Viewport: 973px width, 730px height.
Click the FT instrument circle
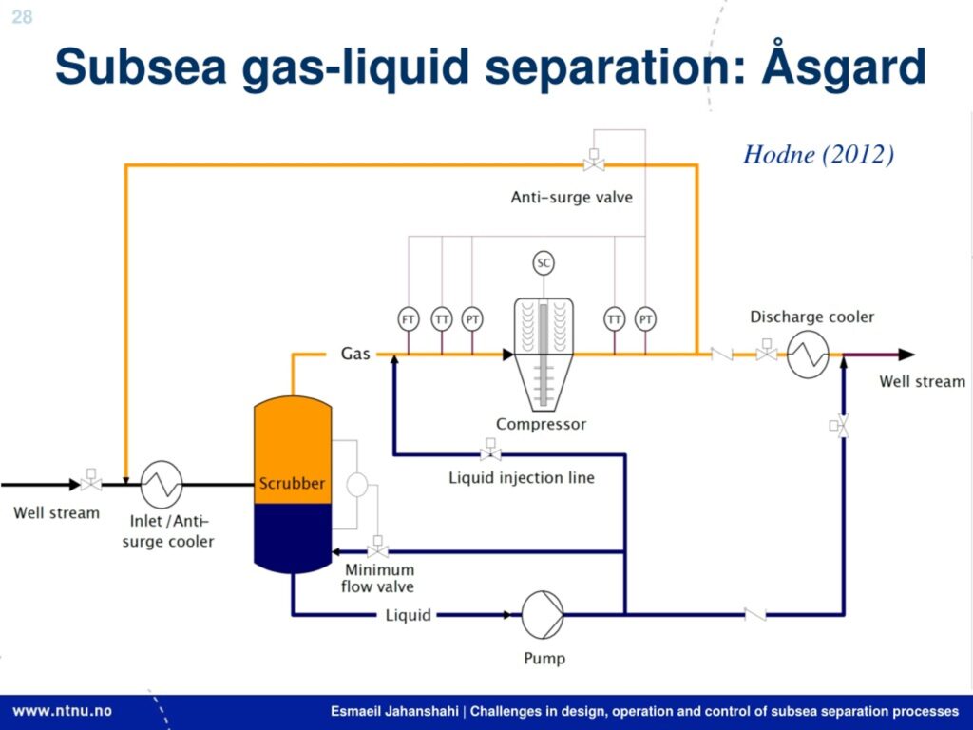(x=409, y=319)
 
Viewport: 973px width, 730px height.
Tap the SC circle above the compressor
(x=544, y=263)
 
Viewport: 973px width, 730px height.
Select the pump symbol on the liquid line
(x=543, y=614)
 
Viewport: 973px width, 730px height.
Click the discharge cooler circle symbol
(x=808, y=355)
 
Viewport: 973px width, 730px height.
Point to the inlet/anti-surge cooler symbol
(x=162, y=484)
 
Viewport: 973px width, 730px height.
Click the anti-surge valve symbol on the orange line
(x=595, y=163)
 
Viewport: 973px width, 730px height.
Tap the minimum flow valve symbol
(x=377, y=550)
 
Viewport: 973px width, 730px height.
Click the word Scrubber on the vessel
(x=292, y=483)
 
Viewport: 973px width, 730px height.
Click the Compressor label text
(x=542, y=424)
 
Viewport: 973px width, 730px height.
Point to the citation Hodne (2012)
(x=818, y=155)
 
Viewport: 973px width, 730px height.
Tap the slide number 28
(x=21, y=16)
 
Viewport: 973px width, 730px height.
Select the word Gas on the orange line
(x=355, y=355)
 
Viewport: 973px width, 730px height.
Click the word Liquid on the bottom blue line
(x=409, y=615)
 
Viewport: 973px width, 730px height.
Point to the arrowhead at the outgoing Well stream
(x=906, y=355)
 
